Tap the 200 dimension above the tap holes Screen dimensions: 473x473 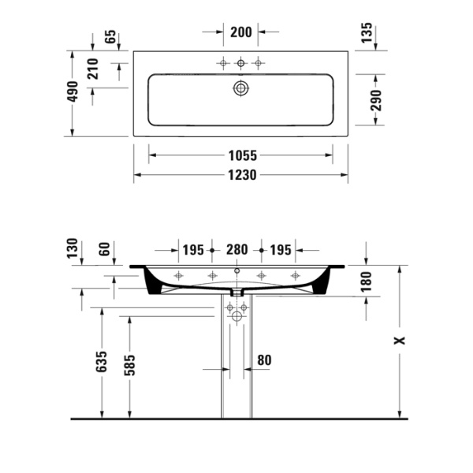pyautogui.click(x=240, y=32)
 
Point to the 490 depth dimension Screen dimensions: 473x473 pyautogui.click(x=73, y=93)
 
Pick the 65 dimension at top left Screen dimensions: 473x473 pyautogui.click(x=110, y=36)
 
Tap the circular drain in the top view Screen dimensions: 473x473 pyautogui.click(x=240, y=88)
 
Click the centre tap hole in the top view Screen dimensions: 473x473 pyautogui.click(x=240, y=62)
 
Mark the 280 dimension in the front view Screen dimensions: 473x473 pyautogui.click(x=236, y=250)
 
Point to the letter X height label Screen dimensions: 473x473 pyautogui.click(x=400, y=341)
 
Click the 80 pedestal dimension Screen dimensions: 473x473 pyautogui.click(x=264, y=360)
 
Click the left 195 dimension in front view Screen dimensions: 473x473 pyautogui.click(x=193, y=250)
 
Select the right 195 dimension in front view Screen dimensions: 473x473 pyautogui.click(x=281, y=250)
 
